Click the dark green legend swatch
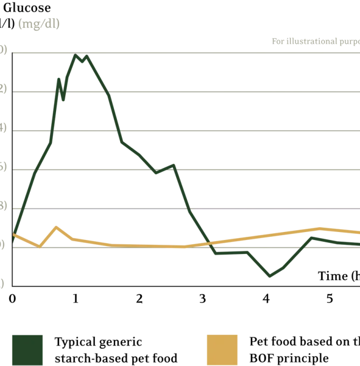point(27,349)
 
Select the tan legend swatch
point(222,349)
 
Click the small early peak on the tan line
point(57,227)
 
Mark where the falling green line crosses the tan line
point(209,243)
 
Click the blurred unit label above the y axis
point(38,24)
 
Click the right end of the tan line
point(358,232)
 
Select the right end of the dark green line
point(358,244)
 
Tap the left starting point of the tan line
point(13,234)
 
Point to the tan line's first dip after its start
point(39,247)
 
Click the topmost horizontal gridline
point(183,53)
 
